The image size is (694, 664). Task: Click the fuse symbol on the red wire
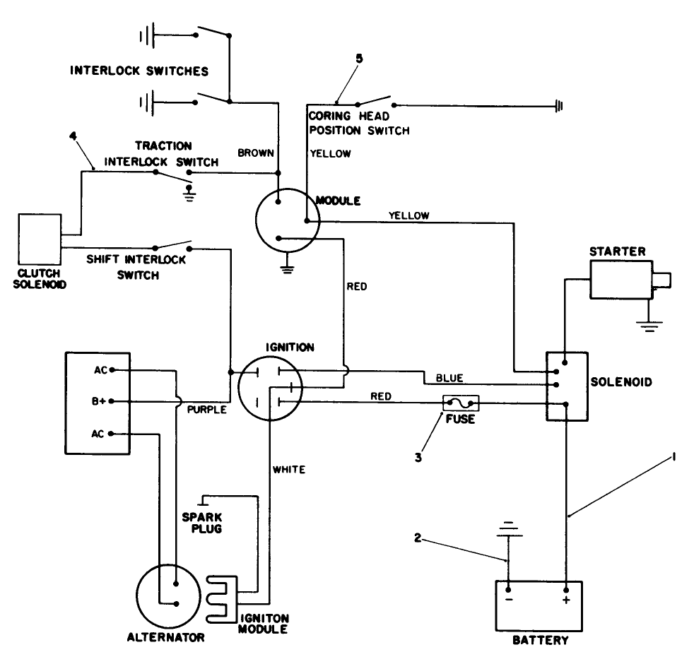click(461, 403)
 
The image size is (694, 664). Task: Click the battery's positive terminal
click(566, 589)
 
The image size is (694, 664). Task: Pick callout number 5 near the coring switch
click(358, 59)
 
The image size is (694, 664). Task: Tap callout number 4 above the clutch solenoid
click(72, 135)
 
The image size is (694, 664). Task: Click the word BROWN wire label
click(252, 153)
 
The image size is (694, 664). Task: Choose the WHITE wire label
click(290, 470)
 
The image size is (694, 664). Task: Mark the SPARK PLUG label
click(203, 522)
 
